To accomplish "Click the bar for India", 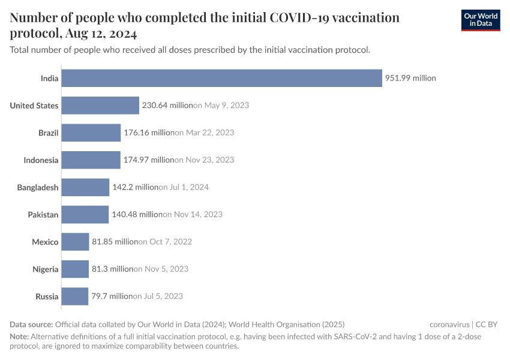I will click(x=222, y=78).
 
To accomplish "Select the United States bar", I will click(x=100, y=106).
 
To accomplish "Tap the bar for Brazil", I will click(x=91, y=133).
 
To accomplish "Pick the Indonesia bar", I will click(x=91, y=160).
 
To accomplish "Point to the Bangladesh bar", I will click(x=85, y=187).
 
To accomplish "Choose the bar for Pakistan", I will click(x=85, y=214).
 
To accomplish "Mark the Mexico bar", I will click(x=76, y=242).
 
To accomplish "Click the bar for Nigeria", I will click(x=75, y=269).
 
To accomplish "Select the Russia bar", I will click(x=75, y=296).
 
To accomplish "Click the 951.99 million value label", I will click(x=410, y=78).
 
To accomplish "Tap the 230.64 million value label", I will click(x=167, y=106).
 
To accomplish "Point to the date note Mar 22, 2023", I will click(x=205, y=133).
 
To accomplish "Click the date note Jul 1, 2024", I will click(x=184, y=187).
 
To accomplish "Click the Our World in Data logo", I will click(x=481, y=20).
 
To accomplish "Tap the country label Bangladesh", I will click(x=38, y=187).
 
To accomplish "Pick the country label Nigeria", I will click(x=46, y=269).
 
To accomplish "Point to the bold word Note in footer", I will click(x=19, y=337).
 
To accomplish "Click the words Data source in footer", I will click(x=31, y=324).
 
